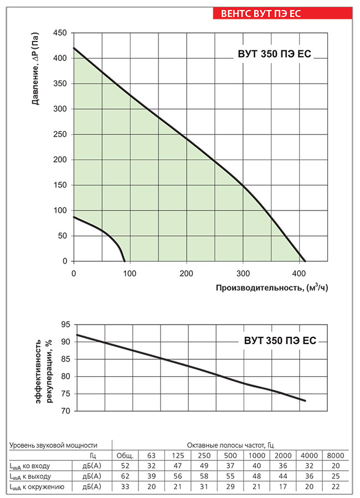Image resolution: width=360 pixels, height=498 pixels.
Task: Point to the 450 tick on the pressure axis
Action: point(60,33)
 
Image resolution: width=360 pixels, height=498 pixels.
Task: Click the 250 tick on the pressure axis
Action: point(60,135)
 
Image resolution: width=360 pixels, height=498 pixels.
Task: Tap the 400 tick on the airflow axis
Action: point(299,274)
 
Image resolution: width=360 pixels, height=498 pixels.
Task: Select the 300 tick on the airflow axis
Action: point(243,274)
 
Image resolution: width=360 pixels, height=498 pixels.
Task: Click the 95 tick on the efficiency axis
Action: point(65,324)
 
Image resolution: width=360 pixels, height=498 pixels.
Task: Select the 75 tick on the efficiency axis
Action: point(65,394)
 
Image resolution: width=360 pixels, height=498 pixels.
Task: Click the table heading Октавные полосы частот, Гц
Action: point(230,445)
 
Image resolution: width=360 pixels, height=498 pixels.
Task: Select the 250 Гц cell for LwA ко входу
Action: point(203,466)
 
